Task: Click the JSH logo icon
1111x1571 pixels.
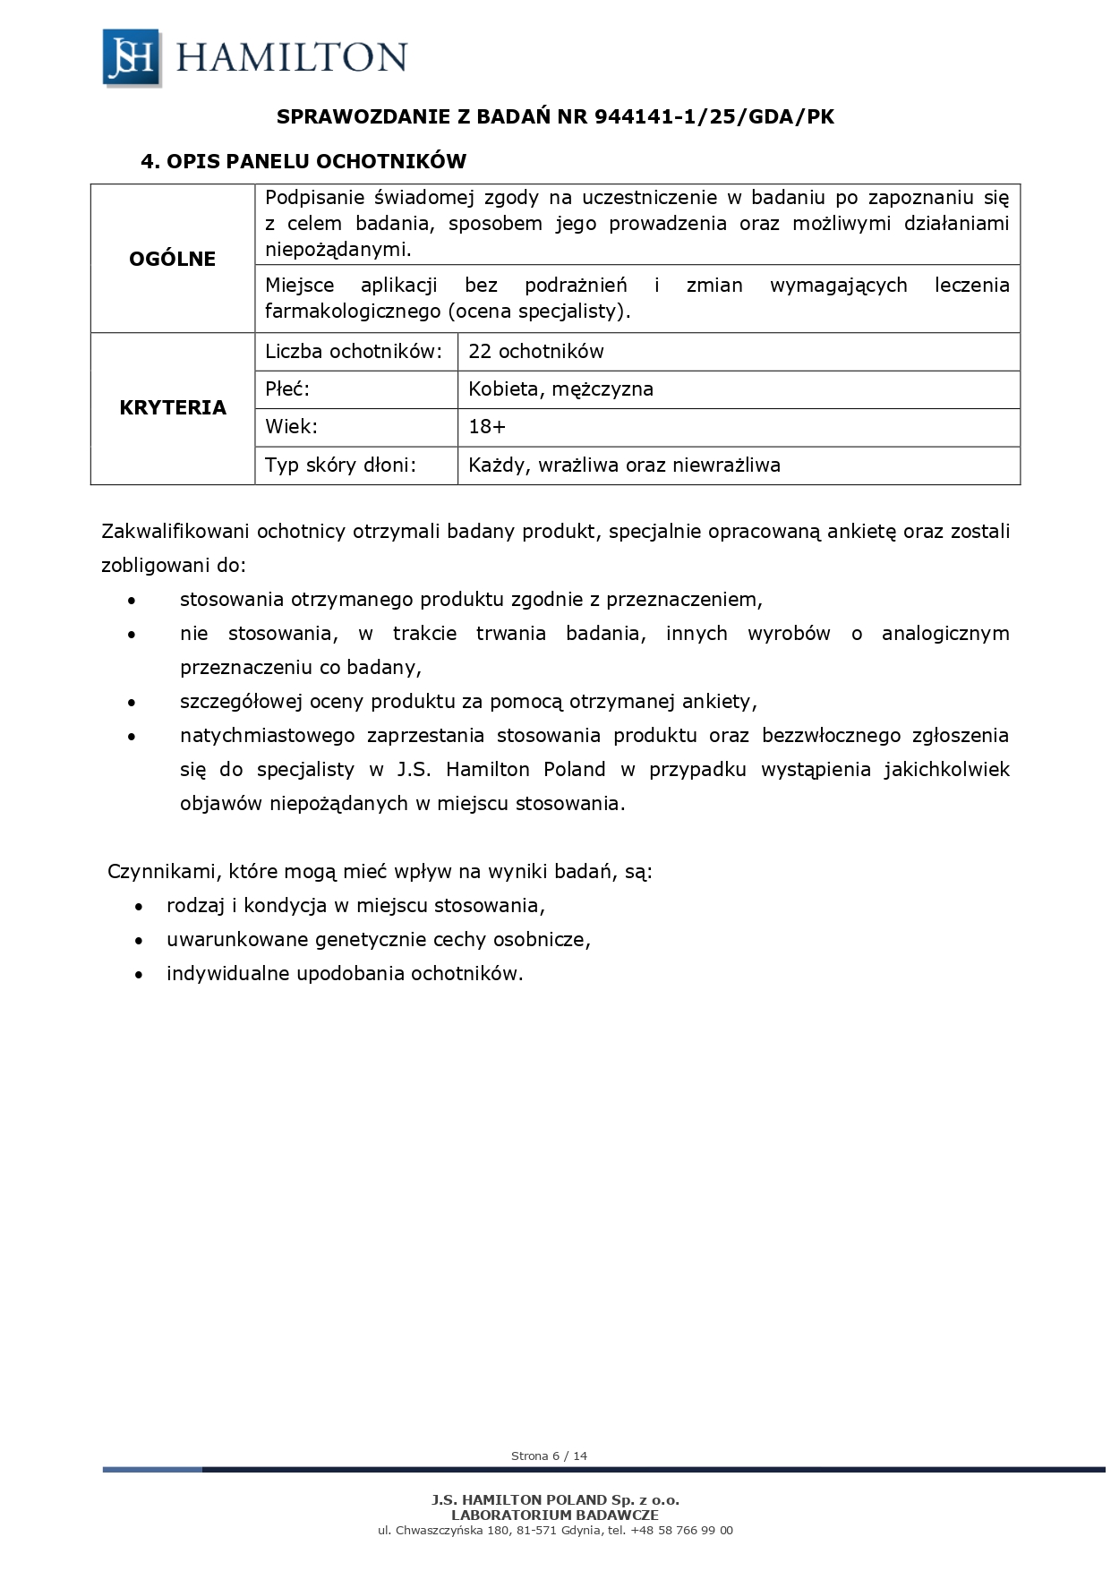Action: pos(132,58)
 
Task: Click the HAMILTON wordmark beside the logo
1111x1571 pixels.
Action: pos(292,58)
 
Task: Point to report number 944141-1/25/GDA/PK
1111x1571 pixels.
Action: pos(714,117)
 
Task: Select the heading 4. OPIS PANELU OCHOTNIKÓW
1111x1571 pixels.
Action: pos(303,162)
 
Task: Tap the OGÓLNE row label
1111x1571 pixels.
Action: pos(173,259)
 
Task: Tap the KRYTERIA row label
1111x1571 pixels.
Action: pos(173,408)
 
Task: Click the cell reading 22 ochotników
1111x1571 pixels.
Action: pos(536,352)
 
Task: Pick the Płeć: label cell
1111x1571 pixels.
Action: pos(287,389)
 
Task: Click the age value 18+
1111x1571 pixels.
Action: pos(487,427)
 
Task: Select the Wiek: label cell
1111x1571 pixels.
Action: pos(292,427)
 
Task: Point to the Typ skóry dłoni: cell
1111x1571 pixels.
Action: pos(341,465)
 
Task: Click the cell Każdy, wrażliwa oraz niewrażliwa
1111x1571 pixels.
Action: pos(624,465)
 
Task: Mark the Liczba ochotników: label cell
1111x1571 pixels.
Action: pos(354,352)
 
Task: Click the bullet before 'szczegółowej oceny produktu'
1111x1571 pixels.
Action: pos(132,704)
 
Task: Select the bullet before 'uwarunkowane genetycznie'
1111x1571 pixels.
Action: pos(139,942)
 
